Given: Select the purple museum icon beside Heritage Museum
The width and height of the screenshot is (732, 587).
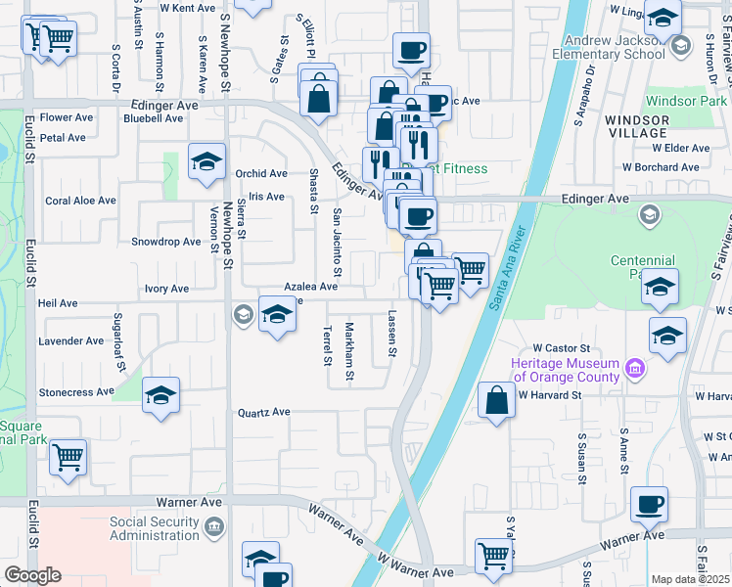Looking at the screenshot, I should tap(635, 370).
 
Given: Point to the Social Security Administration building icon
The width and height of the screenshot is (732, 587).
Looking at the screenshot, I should tap(214, 529).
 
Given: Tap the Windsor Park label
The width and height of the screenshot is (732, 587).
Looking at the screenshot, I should tap(686, 101).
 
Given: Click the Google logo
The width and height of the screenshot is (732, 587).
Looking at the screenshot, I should tap(32, 575).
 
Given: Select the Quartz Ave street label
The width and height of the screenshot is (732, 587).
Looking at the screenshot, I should tap(264, 413).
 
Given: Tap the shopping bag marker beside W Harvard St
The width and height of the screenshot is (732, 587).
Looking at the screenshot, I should tap(497, 399).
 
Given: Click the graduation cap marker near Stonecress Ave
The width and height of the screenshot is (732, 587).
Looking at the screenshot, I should tap(160, 395).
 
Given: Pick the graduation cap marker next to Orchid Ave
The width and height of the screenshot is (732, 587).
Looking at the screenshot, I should tap(206, 162).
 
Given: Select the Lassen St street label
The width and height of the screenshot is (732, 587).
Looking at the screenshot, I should tap(392, 334).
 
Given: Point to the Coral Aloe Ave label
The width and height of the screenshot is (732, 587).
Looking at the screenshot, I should tap(80, 201).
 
